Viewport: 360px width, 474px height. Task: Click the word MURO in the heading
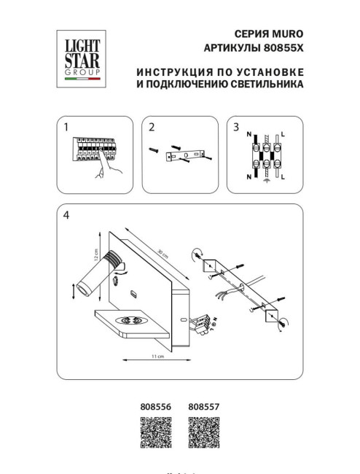287,34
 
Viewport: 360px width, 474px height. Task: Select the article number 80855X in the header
281,47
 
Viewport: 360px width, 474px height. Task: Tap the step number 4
66,215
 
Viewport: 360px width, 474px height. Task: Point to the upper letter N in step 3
249,136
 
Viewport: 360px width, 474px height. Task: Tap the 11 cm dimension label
155,357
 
